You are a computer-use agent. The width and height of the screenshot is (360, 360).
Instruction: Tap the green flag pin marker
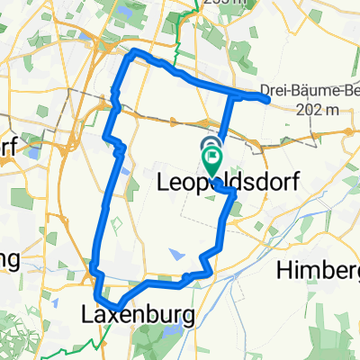tap(212, 162)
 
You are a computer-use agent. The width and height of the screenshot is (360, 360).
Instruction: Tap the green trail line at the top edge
tap(179, 18)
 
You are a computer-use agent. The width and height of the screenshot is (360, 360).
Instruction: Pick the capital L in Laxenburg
tap(87, 316)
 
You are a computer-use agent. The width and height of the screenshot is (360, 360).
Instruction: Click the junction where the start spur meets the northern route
tap(231, 95)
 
